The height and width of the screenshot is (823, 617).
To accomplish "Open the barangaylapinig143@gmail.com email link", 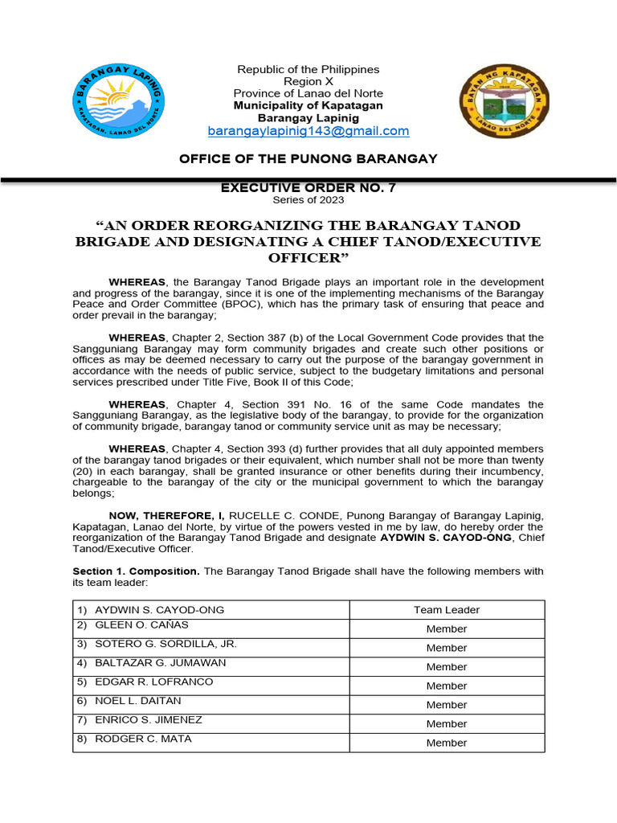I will click(308, 131).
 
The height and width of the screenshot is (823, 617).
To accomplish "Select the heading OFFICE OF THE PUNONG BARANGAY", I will click(308, 158).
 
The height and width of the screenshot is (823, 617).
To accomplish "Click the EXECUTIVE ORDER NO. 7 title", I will click(308, 188).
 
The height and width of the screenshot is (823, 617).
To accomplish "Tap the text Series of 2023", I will click(308, 200).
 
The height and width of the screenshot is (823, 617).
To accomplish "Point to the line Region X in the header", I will click(308, 81).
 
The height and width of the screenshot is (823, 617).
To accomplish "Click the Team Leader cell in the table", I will click(447, 610).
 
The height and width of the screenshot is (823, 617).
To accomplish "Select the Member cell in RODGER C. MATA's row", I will click(447, 743).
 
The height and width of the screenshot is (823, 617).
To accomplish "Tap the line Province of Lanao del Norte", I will click(308, 93).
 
